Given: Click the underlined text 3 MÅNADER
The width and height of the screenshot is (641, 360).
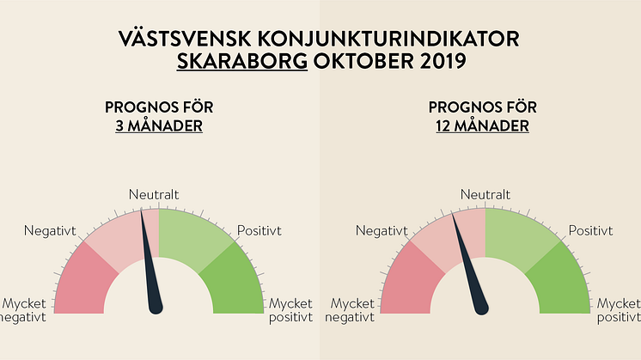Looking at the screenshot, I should pos(159,126).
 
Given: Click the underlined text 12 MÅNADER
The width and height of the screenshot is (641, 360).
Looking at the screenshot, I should pos(482,126).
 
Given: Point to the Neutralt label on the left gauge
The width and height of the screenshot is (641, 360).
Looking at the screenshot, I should pos(154,196).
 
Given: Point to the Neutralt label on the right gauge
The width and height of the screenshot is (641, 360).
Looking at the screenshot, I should pos(485,196).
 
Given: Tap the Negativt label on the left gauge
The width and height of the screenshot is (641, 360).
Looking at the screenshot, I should pos(50,230).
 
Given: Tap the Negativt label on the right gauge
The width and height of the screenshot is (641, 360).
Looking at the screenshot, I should pos(381,230).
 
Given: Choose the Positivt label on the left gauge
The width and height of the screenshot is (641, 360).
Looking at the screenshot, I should pos(259,230).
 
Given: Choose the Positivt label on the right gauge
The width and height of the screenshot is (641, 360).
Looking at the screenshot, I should pos(590,230).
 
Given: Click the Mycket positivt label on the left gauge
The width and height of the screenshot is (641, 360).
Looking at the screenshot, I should pos(291,311).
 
